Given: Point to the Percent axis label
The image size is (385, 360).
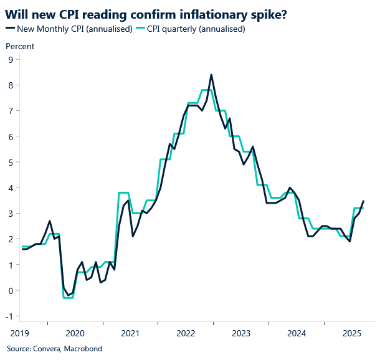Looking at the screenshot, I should (x=20, y=46).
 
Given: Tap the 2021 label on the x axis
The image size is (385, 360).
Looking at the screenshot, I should (x=130, y=333).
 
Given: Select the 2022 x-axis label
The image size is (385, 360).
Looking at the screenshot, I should (x=185, y=333).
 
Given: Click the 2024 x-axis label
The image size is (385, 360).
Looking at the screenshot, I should (x=296, y=333).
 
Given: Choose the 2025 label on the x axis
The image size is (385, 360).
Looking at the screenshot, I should (x=351, y=333).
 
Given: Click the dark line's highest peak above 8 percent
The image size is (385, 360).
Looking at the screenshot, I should (x=211, y=75).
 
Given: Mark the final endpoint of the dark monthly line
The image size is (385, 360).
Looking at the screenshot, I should (x=364, y=201).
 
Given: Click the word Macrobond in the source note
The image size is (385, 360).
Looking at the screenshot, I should (x=84, y=349).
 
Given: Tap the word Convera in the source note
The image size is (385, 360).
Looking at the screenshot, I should (x=47, y=349).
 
